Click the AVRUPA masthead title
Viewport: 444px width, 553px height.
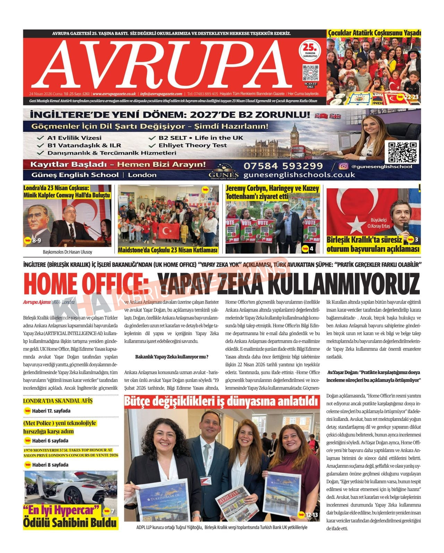pyautogui.click(x=166, y=63)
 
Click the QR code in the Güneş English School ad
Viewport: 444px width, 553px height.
pyautogui.click(x=403, y=152)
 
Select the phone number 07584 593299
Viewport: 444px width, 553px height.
pyautogui.click(x=283, y=166)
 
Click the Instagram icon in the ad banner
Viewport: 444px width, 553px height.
pyautogui.click(x=343, y=167)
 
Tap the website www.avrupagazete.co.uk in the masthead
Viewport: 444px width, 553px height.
pyautogui.click(x=114, y=94)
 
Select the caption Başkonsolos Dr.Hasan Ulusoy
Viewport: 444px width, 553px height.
pyautogui.click(x=67, y=252)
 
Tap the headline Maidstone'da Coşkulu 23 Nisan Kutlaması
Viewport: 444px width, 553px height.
pyautogui.click(x=168, y=250)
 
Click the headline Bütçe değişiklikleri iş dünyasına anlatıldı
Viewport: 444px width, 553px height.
pyautogui.click(x=221, y=401)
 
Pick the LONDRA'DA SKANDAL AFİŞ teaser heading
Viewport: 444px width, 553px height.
pyautogui.click(x=58, y=401)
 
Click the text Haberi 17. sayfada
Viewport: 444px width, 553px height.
pyautogui.click(x=51, y=411)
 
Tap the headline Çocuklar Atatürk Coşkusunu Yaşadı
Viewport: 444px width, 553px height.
pyautogui.click(x=374, y=33)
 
